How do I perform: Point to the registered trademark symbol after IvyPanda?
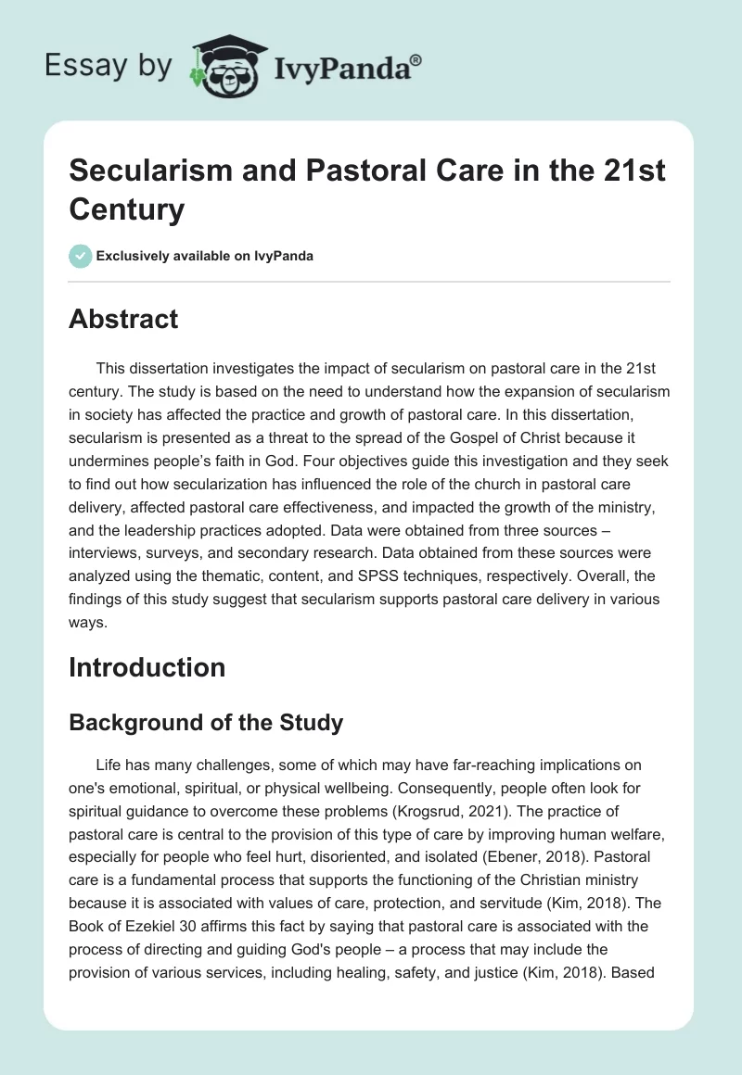[x=416, y=59]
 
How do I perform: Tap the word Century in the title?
[x=127, y=209]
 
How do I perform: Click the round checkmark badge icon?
[x=81, y=256]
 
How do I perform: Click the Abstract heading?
[x=123, y=320]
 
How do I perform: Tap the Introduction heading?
[x=147, y=667]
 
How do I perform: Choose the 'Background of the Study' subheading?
[x=206, y=723]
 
